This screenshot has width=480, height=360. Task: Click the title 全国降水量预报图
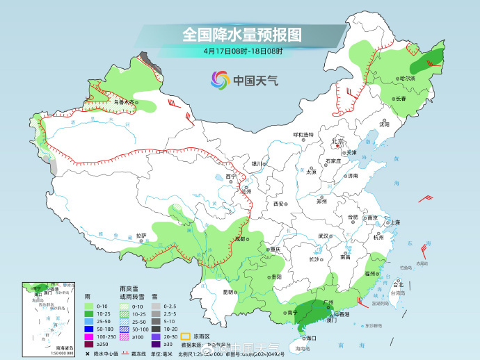242,33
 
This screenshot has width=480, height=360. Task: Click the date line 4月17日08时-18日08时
243,51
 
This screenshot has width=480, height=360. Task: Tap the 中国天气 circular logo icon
220,80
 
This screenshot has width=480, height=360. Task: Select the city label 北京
338,141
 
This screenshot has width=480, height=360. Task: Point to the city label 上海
394,222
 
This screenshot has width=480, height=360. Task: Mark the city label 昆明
228,292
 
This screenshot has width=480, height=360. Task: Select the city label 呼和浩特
303,134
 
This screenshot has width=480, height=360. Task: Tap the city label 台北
399,285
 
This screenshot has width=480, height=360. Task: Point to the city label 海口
310,338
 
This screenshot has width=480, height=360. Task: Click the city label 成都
240,238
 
